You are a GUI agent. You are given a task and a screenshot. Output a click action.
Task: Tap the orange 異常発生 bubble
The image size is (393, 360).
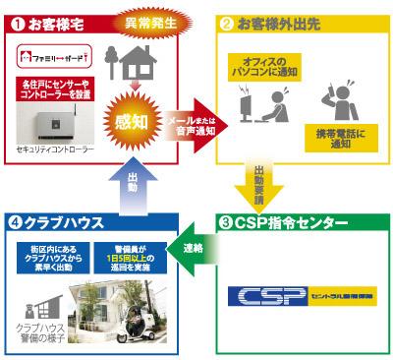tap(147, 21)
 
